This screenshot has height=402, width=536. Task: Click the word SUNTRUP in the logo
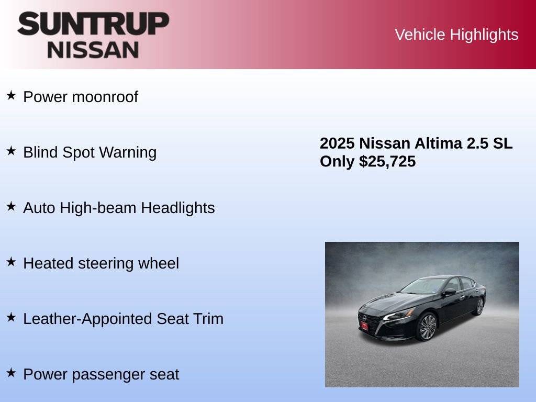[x=93, y=24]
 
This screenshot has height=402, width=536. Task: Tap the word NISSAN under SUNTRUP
[x=93, y=50]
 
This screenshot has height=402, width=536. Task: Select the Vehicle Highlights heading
[x=456, y=35]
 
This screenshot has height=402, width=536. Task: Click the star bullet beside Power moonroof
[x=11, y=96]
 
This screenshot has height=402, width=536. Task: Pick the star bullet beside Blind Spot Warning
[x=11, y=151]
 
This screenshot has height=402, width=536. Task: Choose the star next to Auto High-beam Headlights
[x=11, y=207]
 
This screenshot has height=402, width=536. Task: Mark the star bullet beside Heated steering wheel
[x=11, y=262]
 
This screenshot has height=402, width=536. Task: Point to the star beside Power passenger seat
[x=11, y=373]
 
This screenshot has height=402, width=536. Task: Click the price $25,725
[x=387, y=162]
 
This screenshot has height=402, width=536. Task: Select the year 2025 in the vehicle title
[x=337, y=143]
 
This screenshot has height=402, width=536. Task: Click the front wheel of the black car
[x=428, y=327]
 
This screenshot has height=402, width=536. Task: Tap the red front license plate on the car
[x=364, y=325]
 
